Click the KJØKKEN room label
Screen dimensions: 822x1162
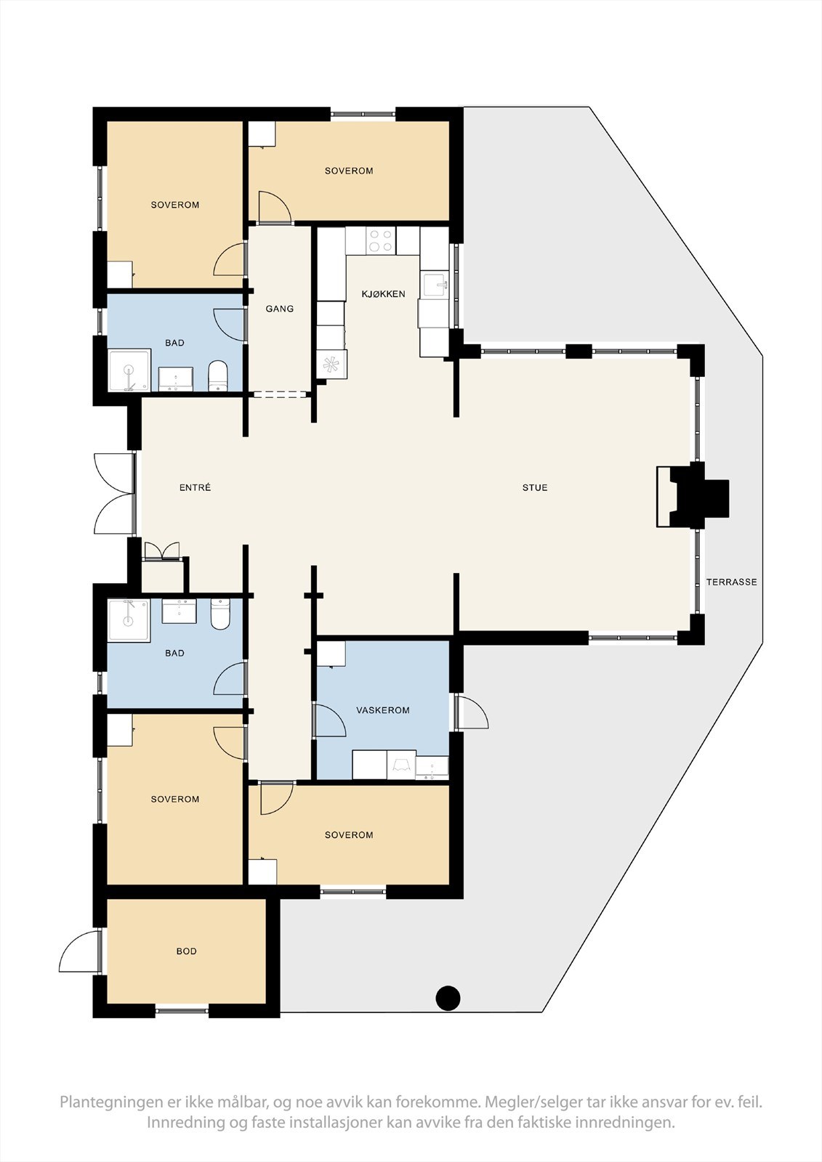point(383,294)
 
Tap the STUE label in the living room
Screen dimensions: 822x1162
point(535,487)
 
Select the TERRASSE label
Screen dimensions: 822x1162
point(731,582)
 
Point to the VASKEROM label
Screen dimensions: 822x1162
point(383,710)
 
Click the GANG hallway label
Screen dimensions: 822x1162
point(279,309)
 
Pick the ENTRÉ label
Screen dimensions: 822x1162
point(196,487)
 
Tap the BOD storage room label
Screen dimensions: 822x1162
point(186,951)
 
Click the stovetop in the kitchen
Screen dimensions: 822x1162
point(381,240)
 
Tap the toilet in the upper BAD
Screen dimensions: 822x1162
point(217,376)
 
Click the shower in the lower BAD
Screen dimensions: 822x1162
point(128,620)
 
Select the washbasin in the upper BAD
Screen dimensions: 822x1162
point(175,378)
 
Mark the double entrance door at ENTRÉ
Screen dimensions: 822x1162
point(115,493)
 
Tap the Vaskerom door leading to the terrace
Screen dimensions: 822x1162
point(471,712)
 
